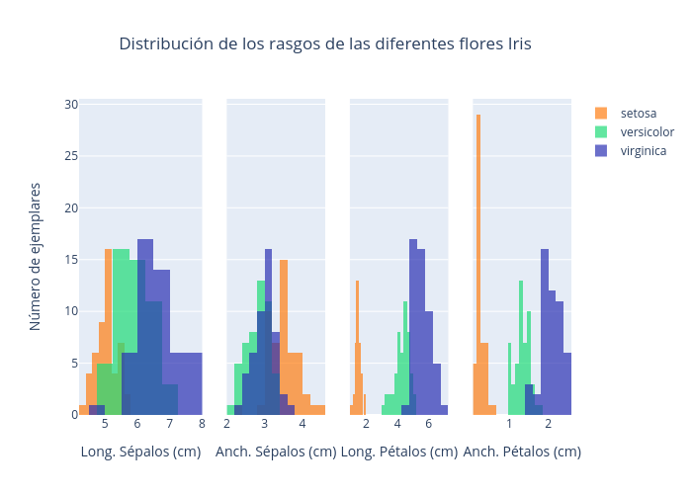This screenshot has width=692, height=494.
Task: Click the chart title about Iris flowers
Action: pyautogui.click(x=325, y=43)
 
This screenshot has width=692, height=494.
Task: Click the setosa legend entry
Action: pyautogui.click(x=638, y=114)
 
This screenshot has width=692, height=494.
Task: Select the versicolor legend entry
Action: pyautogui.click(x=647, y=132)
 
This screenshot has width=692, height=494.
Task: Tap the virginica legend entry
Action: pyautogui.click(x=643, y=151)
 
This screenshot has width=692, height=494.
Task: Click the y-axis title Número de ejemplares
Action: pyautogui.click(x=36, y=256)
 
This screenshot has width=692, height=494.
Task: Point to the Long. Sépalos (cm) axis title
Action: pyautogui.click(x=140, y=452)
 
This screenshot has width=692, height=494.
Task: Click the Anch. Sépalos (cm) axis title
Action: pyautogui.click(x=276, y=452)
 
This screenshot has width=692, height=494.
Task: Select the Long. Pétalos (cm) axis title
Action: pyautogui.click(x=398, y=452)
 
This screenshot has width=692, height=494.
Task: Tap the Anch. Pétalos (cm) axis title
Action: pyautogui.click(x=522, y=452)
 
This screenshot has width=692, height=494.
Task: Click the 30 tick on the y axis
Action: pyautogui.click(x=71, y=105)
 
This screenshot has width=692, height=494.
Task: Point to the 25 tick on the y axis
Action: pyautogui.click(x=71, y=156)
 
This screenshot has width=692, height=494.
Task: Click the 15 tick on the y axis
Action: pyautogui.click(x=71, y=260)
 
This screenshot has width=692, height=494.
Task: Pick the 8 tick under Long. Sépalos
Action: pyautogui.click(x=202, y=425)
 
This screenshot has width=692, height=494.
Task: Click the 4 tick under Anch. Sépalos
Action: pyautogui.click(x=303, y=425)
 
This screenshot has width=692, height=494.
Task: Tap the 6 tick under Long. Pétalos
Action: pyautogui.click(x=429, y=425)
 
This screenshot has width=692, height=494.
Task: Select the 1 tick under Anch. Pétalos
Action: pyautogui.click(x=510, y=425)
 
